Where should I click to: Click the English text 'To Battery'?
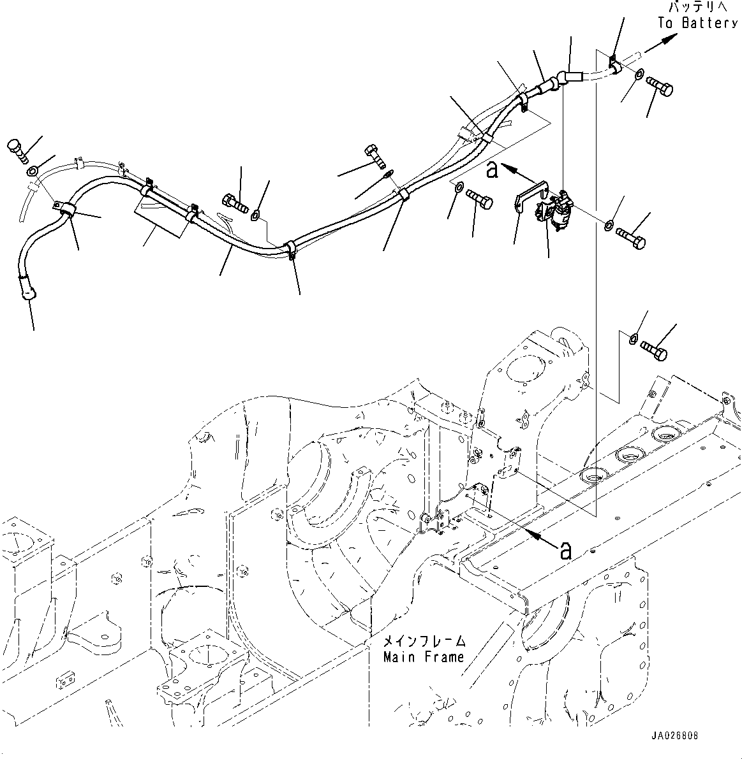[x=697, y=24]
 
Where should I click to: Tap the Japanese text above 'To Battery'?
[x=697, y=8]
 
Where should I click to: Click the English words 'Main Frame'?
[x=424, y=657]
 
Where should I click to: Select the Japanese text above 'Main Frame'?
[x=424, y=641]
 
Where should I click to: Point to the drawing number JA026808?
[x=675, y=735]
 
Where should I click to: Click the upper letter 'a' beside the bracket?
[x=491, y=170]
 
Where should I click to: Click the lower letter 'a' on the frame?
[x=565, y=550]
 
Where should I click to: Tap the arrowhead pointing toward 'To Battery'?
[x=667, y=39]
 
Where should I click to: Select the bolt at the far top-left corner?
[x=17, y=148]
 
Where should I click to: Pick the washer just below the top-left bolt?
[x=33, y=170]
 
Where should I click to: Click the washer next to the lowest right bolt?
[x=633, y=338]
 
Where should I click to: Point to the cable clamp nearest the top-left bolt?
[x=64, y=209]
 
